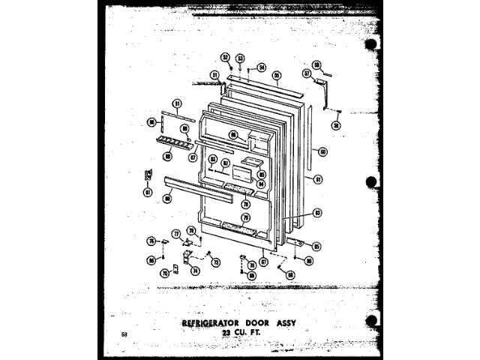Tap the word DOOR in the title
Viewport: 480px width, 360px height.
(x=268, y=324)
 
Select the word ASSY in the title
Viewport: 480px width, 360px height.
(x=301, y=324)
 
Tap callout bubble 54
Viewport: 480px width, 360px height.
(x=262, y=67)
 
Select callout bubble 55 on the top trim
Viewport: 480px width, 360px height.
(x=277, y=76)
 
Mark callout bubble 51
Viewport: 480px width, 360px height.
(x=214, y=74)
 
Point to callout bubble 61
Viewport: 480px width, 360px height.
(x=318, y=179)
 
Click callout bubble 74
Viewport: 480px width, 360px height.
(x=196, y=271)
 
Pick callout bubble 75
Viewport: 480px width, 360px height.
(x=166, y=274)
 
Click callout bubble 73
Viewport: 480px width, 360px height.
(x=215, y=262)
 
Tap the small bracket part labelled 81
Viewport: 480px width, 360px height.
(x=148, y=176)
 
